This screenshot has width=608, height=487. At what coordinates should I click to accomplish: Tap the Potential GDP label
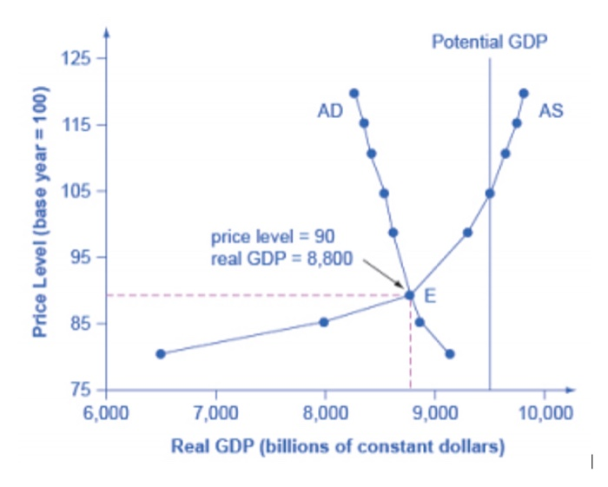tap(490, 41)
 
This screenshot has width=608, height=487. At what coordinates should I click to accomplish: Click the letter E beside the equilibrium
tap(429, 296)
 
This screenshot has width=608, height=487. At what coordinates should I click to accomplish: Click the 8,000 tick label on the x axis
tap(325, 411)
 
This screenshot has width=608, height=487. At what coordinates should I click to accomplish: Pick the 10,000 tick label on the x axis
tap(545, 411)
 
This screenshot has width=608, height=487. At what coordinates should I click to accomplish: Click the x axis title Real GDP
tap(338, 447)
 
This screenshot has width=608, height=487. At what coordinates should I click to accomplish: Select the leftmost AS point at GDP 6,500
tap(161, 353)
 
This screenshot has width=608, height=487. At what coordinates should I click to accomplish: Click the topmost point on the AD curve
tap(354, 93)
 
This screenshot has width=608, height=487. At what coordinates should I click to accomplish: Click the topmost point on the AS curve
tap(524, 93)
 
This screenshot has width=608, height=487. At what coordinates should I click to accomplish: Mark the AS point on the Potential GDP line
tap(490, 193)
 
